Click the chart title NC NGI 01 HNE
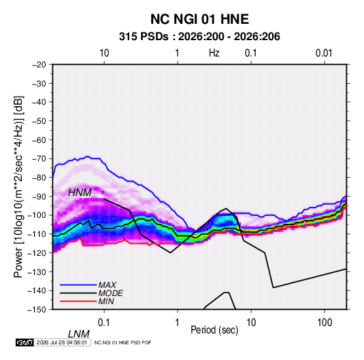[x=199, y=19]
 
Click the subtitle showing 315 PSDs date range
[x=199, y=37]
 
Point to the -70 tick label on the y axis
[x=39, y=159]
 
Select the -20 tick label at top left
[x=39, y=65]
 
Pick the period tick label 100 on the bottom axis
[x=325, y=323]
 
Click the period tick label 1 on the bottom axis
[x=178, y=323]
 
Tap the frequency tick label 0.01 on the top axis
[x=324, y=53]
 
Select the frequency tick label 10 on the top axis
[x=104, y=53]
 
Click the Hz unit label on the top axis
[x=214, y=53]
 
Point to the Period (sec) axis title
[x=214, y=330]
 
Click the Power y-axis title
[x=18, y=186]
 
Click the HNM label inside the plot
[x=80, y=193]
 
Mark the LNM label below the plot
[x=78, y=334]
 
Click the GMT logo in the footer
[x=25, y=342]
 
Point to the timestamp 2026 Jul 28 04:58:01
[x=62, y=342]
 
